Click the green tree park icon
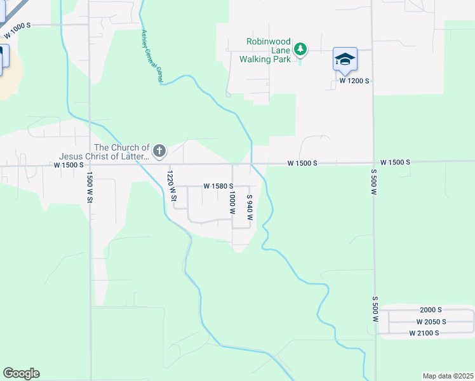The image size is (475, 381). pos(301,49)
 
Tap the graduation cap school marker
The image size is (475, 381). pos(345,59)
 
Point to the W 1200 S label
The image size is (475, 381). pos(354,81)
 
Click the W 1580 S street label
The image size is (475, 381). pos(218,186)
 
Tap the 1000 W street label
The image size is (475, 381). pos(232,202)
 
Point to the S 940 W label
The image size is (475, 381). pos(250,208)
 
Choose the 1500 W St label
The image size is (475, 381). pos(90,188)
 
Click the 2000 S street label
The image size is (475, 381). pos(431,310)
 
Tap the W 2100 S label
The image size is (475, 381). pos(424,333)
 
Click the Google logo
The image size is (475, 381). pos(21,373)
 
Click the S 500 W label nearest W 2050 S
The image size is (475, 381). pos(375,308)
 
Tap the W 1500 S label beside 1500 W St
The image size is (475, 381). pos(69,165)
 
